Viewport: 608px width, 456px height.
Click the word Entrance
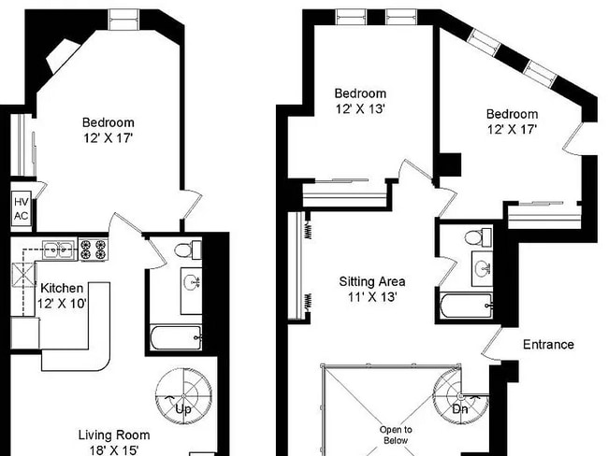click(x=548, y=345)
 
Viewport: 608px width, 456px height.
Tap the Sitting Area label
click(x=371, y=280)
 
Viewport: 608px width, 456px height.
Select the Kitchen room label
click(x=61, y=288)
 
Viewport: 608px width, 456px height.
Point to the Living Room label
click(x=113, y=435)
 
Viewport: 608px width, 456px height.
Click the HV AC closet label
click(x=21, y=208)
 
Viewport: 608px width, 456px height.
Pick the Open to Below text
click(x=395, y=434)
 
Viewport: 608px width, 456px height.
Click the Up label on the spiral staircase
click(x=183, y=409)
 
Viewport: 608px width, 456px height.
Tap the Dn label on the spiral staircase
click(x=460, y=409)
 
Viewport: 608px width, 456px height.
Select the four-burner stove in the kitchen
click(x=95, y=249)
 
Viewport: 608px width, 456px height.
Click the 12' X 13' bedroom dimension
click(x=360, y=108)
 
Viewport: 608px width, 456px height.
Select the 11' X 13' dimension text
click(x=371, y=297)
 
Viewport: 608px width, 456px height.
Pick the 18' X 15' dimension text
click(x=113, y=450)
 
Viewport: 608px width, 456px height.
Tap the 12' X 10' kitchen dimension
click(x=61, y=304)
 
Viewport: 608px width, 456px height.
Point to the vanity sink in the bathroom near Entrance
click(x=481, y=270)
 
